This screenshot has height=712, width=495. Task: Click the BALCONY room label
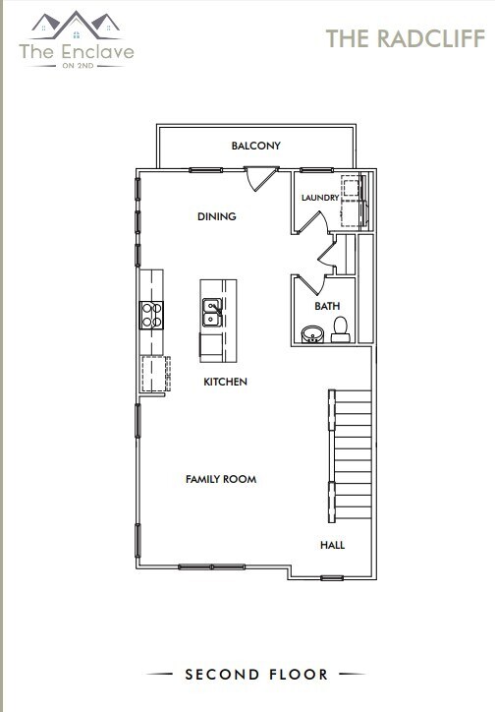point(255,146)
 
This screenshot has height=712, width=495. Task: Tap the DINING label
point(216,216)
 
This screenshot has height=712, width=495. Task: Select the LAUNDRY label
point(319,198)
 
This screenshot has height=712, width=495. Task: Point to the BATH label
point(327,306)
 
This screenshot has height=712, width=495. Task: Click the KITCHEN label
point(225,382)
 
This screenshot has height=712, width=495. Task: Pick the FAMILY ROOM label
point(221,479)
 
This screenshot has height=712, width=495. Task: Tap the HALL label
point(332,544)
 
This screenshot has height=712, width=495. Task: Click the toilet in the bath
point(341,328)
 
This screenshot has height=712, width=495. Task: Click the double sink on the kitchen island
point(211,313)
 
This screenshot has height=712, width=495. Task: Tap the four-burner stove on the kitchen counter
point(153,314)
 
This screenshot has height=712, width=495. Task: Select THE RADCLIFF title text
point(405,38)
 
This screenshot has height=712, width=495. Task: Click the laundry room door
point(311,222)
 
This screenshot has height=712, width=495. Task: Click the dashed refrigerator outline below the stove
point(153,373)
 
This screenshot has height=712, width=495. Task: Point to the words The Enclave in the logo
point(77,51)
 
